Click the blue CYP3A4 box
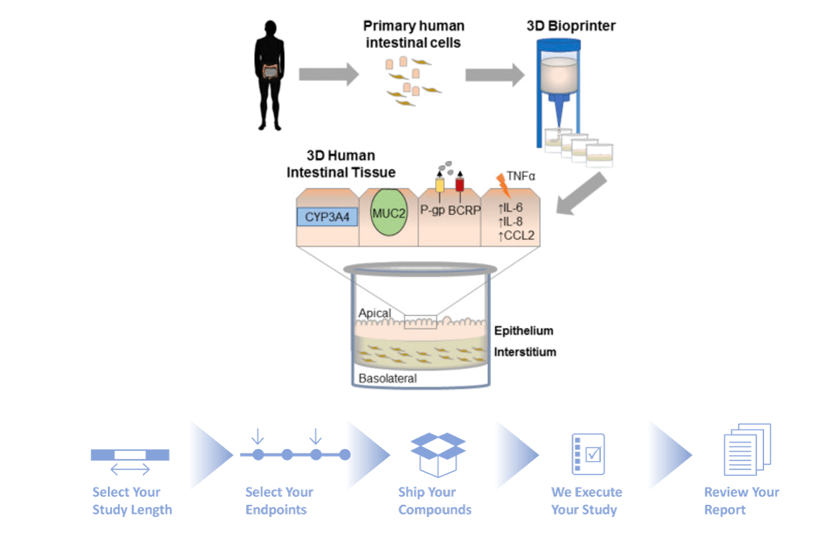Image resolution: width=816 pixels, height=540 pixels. [327, 216]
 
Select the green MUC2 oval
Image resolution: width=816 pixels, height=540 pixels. [388, 212]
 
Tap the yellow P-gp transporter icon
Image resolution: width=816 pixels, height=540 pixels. [440, 185]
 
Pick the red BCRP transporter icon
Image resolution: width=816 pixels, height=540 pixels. [460, 184]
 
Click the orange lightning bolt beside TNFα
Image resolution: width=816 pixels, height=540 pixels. [502, 185]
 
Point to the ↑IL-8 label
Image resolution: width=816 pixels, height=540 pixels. [511, 221]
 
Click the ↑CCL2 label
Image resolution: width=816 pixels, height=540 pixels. [516, 235]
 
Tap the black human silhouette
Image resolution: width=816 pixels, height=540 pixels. [270, 75]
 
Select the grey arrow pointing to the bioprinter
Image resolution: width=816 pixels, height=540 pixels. [495, 75]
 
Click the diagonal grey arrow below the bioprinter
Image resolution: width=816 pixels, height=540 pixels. [581, 193]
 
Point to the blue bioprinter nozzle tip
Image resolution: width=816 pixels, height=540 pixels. [559, 125]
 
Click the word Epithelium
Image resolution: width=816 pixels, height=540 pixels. [523, 330]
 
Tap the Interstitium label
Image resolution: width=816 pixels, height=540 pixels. [525, 352]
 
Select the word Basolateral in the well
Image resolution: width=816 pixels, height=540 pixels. [388, 378]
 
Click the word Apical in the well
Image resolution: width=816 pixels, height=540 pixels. [374, 313]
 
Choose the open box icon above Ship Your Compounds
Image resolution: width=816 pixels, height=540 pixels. [438, 454]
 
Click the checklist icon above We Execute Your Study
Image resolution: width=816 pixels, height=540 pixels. [588, 454]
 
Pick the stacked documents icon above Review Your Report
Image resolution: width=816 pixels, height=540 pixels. [747, 450]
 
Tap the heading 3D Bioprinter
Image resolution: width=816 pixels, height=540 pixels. [571, 26]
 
